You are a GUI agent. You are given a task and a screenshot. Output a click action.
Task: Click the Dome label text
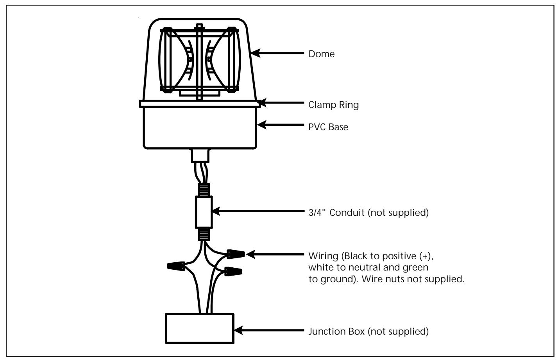point(321,54)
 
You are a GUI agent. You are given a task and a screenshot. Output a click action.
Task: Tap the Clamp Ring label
point(334,105)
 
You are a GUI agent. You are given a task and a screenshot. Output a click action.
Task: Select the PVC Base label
point(328,127)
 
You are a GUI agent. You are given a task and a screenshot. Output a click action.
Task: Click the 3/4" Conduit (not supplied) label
point(368,213)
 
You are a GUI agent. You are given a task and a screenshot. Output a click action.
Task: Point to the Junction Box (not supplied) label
point(368,331)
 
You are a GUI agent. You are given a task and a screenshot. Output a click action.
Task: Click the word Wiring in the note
point(323,256)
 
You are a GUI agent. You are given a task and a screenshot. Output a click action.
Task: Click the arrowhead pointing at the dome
point(256,53)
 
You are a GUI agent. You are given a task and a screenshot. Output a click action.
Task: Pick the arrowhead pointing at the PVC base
point(261,125)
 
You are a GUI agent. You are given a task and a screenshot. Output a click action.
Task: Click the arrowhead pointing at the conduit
point(216,211)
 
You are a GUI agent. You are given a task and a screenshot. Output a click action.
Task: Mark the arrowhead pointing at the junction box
point(238,330)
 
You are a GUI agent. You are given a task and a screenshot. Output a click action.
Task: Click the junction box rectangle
point(200,328)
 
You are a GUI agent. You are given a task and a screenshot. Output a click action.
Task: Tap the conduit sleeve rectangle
point(204,212)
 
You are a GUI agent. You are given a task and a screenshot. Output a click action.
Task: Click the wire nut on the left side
point(176,266)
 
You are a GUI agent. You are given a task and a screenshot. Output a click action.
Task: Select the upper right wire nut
point(236,254)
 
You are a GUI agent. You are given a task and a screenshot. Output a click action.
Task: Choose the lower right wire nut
point(233,271)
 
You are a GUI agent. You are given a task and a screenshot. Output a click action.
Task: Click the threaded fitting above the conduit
point(204,190)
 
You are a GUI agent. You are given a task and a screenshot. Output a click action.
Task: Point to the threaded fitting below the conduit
point(204,234)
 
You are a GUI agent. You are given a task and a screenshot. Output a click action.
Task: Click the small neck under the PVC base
point(200,156)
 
